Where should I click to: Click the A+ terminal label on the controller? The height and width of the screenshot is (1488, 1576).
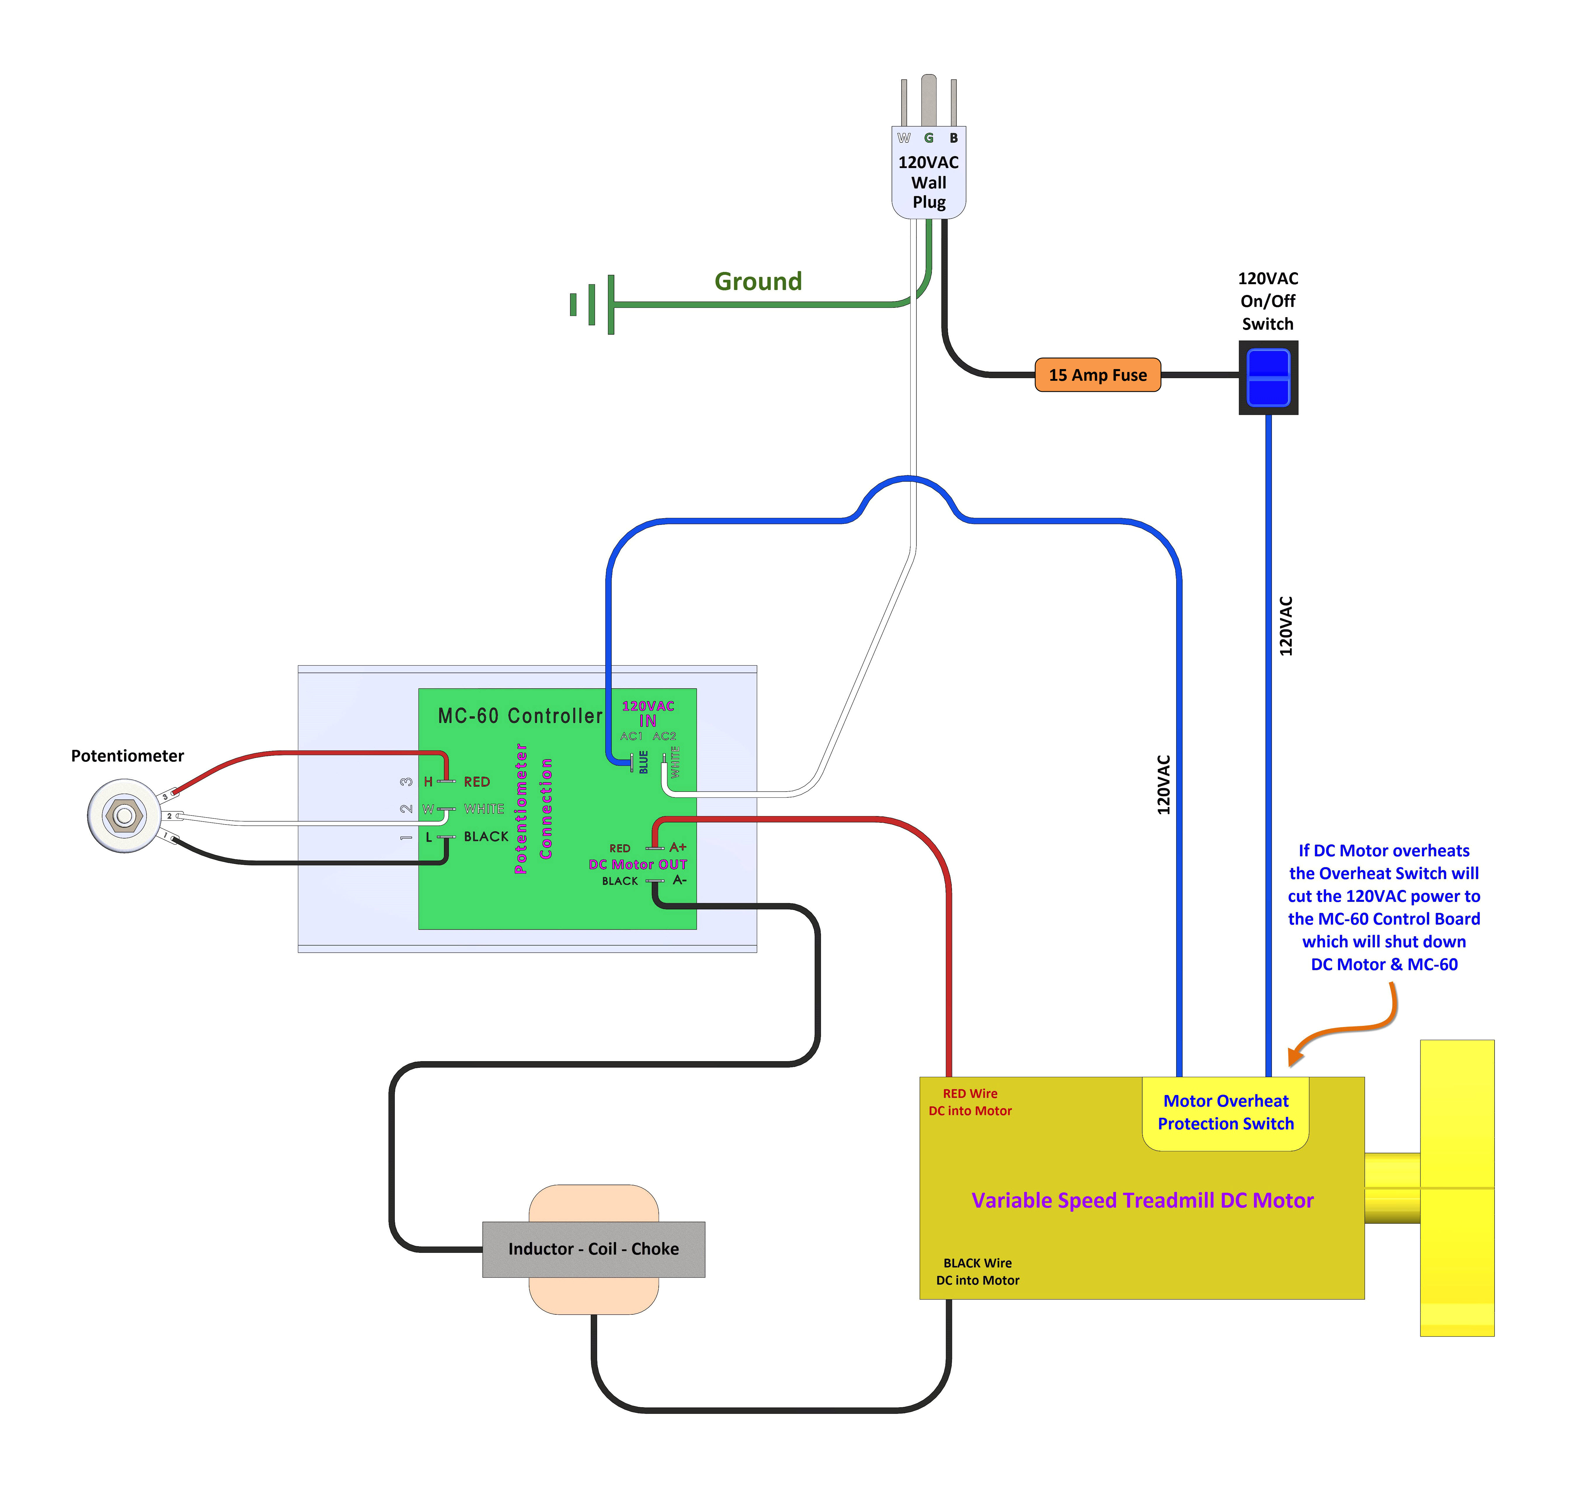[678, 847]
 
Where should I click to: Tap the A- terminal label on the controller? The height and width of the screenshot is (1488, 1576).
[679, 880]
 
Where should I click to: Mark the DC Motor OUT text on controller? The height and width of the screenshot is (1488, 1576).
[637, 864]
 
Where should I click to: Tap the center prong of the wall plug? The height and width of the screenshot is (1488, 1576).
[928, 99]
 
